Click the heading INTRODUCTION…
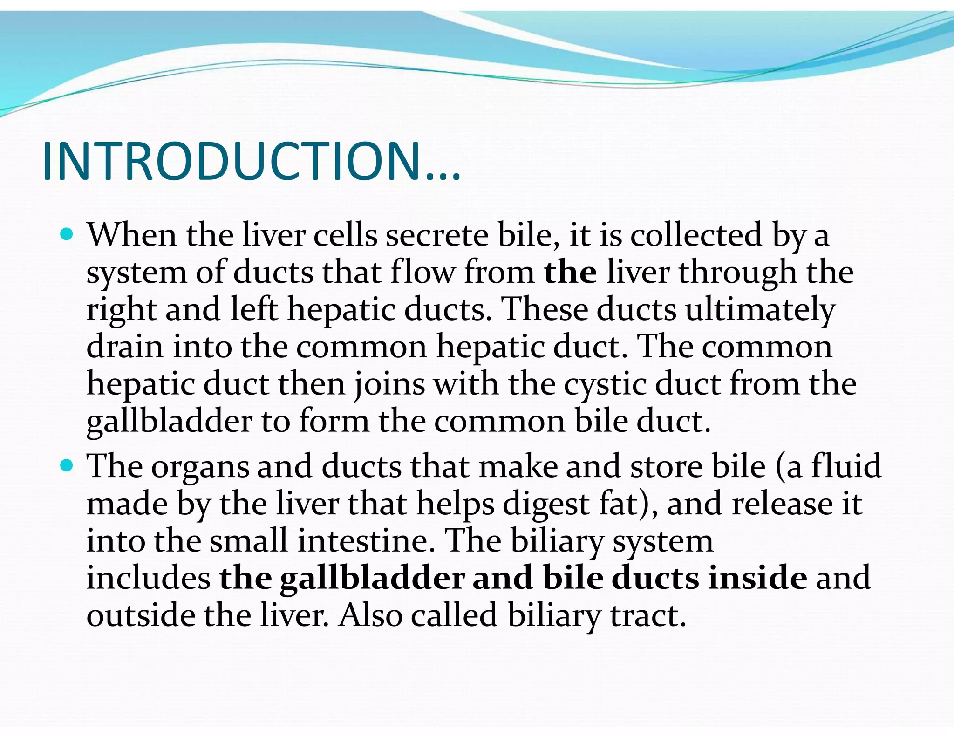click(x=251, y=161)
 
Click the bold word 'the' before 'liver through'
click(x=570, y=273)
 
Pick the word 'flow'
click(x=422, y=273)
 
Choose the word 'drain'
click(x=125, y=347)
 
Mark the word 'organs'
click(x=200, y=467)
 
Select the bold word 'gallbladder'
click(x=372, y=578)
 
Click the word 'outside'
click(x=141, y=615)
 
